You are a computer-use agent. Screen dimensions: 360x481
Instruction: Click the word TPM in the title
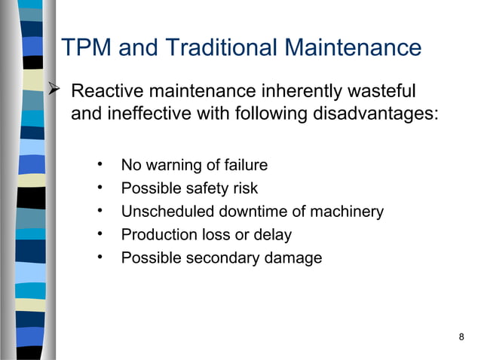tap(86, 48)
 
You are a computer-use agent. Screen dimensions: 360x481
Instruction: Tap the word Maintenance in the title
tap(353, 48)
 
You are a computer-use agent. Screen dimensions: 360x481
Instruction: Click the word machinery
tap(347, 212)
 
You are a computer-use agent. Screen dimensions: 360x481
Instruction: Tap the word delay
tap(272, 235)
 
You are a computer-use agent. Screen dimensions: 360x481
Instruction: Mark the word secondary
tap(225, 258)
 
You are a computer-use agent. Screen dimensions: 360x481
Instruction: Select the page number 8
tap(461, 336)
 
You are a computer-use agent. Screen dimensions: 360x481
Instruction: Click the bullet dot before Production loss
tap(100, 234)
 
